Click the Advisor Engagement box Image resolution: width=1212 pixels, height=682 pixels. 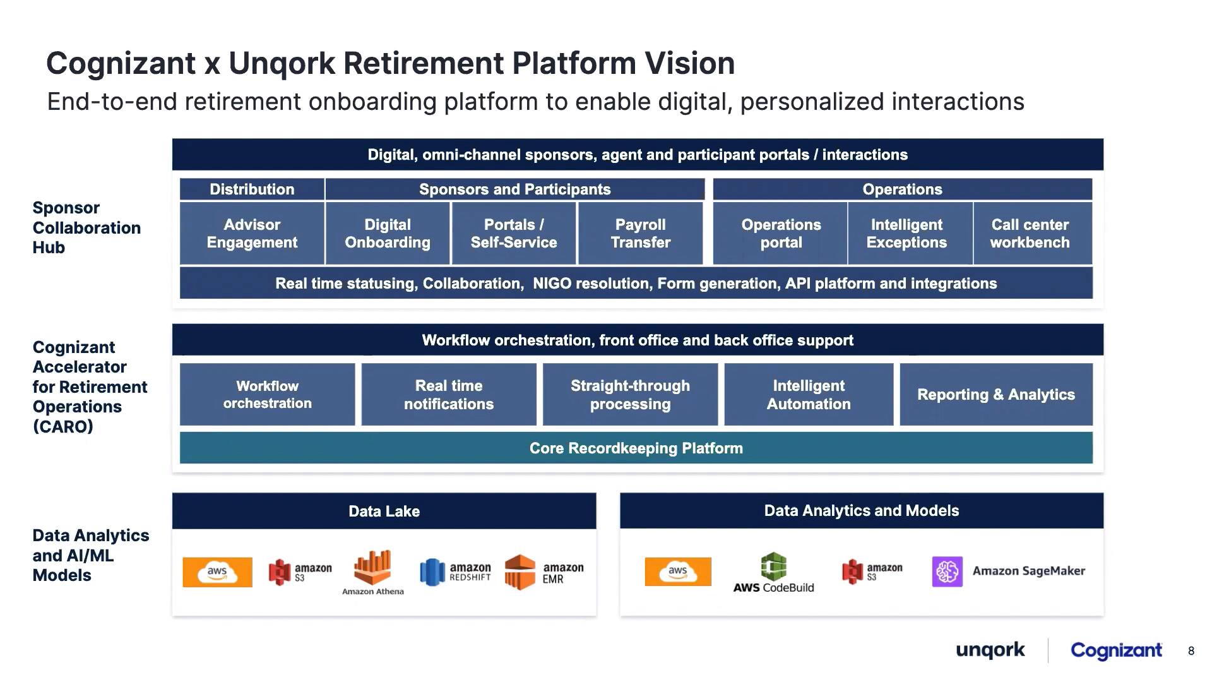(x=252, y=233)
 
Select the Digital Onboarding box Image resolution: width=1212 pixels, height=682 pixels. (x=388, y=233)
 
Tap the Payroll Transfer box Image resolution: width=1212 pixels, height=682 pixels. (x=640, y=233)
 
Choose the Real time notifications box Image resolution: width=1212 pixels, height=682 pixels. (x=449, y=394)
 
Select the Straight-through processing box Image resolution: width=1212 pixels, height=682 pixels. (x=630, y=394)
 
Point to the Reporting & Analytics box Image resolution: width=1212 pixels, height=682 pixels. (x=996, y=394)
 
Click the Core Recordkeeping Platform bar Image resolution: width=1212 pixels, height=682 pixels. (x=636, y=448)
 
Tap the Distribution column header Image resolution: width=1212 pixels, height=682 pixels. (x=252, y=189)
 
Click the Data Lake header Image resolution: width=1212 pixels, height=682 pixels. (x=384, y=511)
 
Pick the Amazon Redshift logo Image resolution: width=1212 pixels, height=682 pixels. (x=455, y=572)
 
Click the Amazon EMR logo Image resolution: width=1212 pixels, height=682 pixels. (x=544, y=572)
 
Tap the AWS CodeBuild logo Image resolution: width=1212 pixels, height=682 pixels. (x=773, y=573)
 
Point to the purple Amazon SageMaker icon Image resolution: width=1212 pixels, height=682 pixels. (x=947, y=571)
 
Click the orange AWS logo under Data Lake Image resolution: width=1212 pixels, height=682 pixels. (x=217, y=572)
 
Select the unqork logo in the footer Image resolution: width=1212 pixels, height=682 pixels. (x=990, y=650)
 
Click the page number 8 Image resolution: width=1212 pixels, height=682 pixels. (x=1191, y=651)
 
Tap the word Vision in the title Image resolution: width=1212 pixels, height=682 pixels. (x=690, y=63)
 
